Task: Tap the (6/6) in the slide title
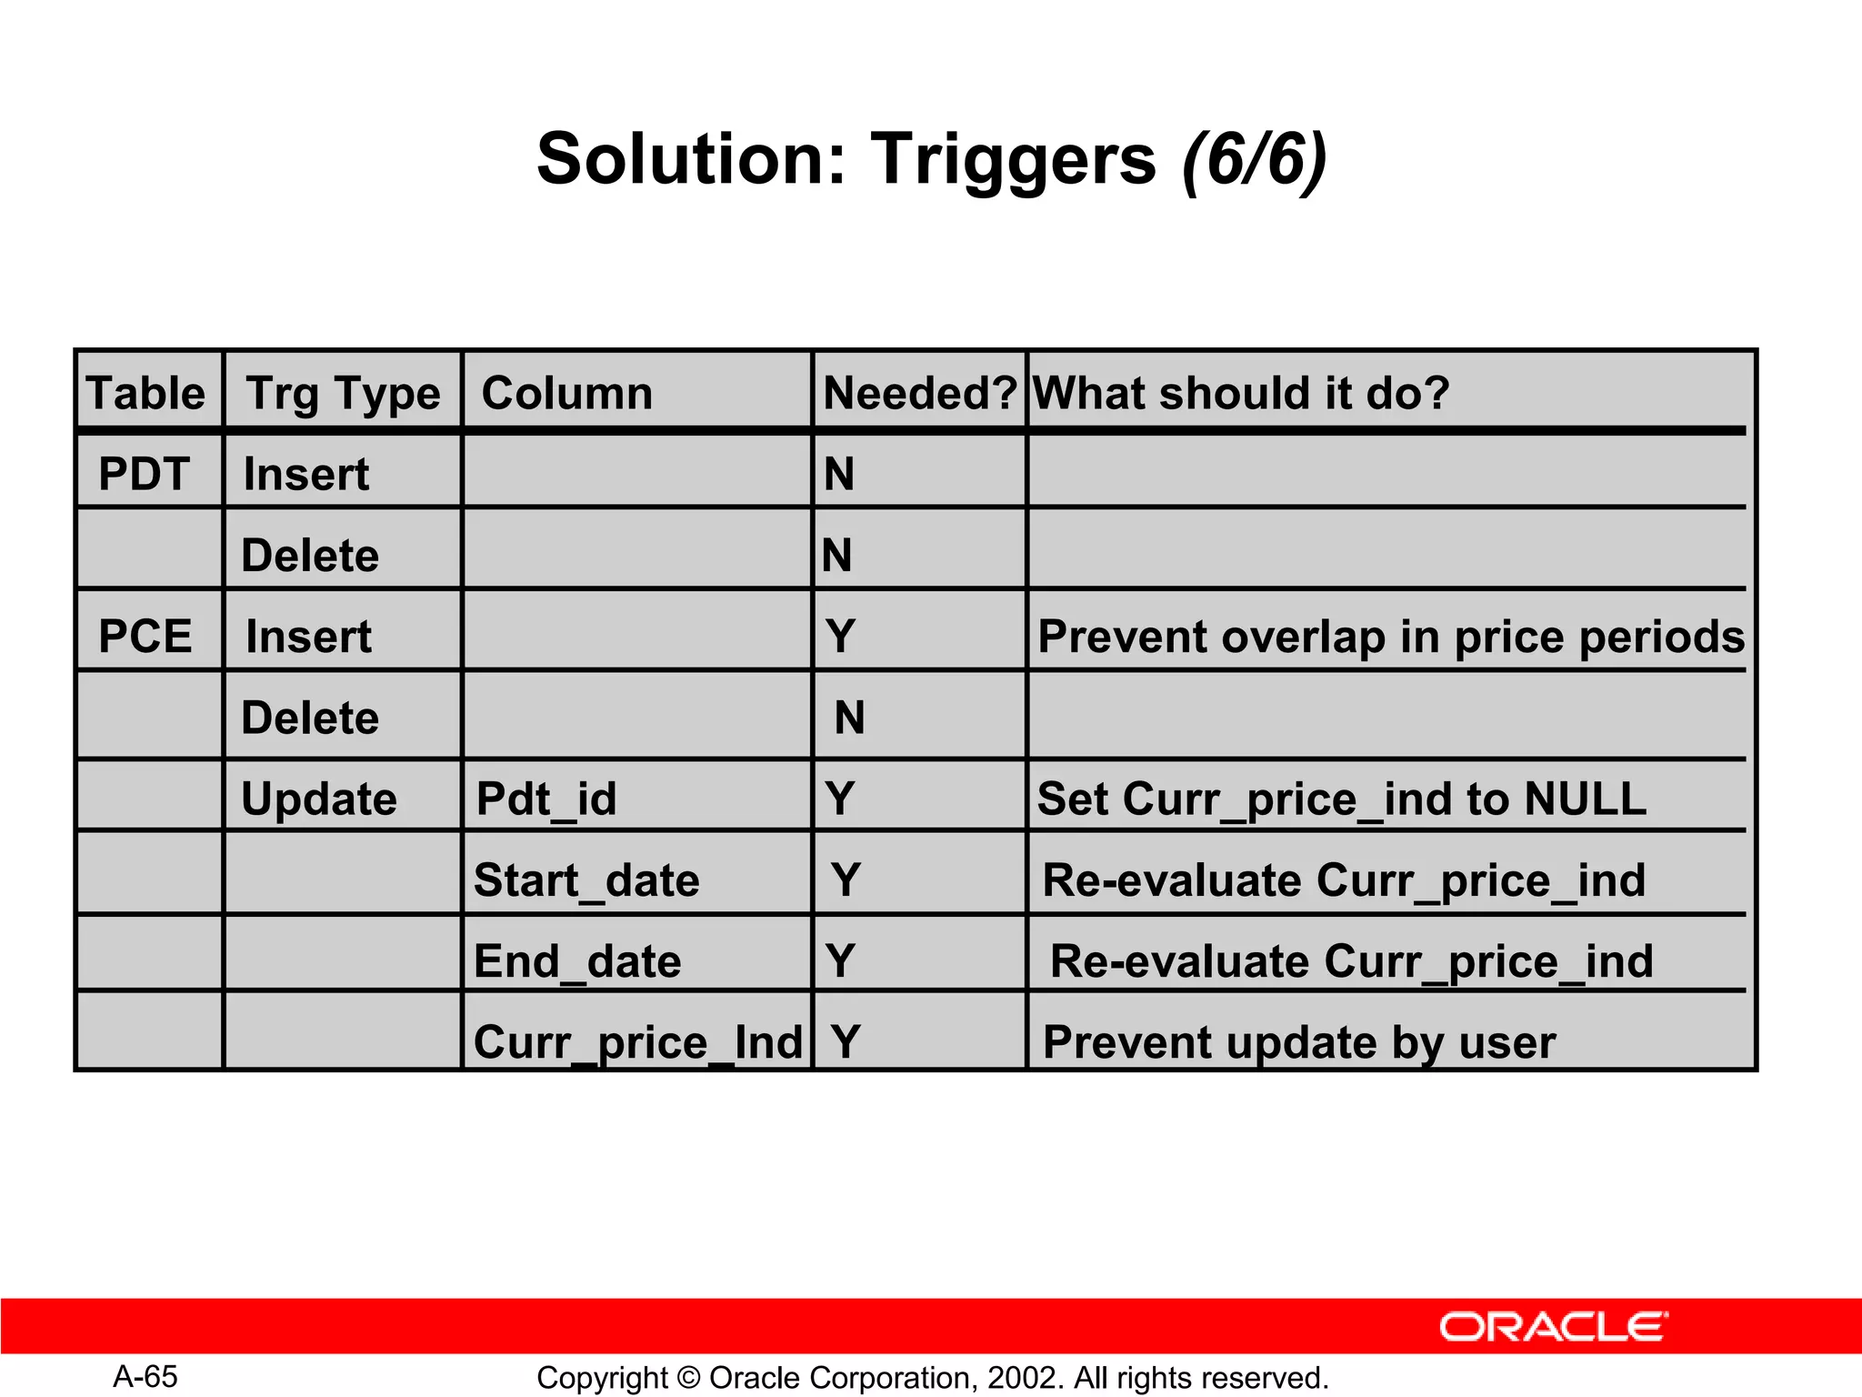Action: click(1254, 159)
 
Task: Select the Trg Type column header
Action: click(343, 393)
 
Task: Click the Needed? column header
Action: click(919, 393)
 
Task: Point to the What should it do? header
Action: click(1241, 393)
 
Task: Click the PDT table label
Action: click(144, 474)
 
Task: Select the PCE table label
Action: click(145, 636)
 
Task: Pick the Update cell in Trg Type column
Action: click(319, 799)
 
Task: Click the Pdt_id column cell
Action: click(546, 799)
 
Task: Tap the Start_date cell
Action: click(586, 879)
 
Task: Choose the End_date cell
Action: click(577, 961)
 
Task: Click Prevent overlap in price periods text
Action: click(1391, 636)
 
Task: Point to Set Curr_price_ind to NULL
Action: click(1341, 799)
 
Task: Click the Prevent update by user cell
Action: click(1299, 1041)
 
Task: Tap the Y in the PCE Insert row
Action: click(841, 636)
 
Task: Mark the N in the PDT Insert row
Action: click(839, 474)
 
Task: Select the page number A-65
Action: click(145, 1376)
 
